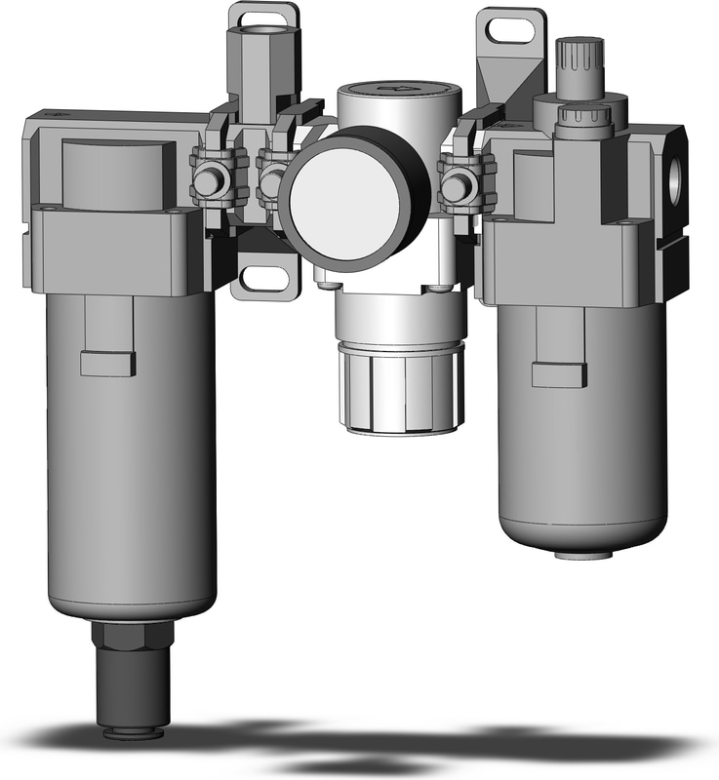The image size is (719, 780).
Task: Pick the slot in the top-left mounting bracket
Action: (261, 17)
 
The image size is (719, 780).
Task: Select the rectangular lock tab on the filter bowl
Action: (107, 363)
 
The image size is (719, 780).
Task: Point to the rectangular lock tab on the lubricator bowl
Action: (560, 373)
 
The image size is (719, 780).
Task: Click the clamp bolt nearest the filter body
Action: (208, 181)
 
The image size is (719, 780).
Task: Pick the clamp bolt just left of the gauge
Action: (272, 179)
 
